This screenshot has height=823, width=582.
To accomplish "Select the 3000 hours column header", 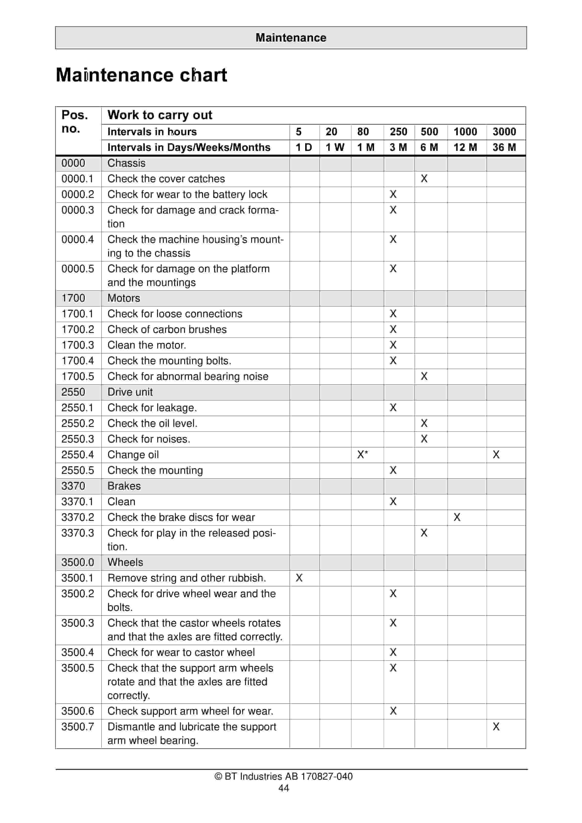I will coord(504,132).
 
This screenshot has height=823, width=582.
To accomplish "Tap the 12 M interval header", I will coord(465,147).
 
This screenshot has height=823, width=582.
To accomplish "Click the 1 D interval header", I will coord(303,147).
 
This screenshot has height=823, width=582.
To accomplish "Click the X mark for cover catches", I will coord(424,179).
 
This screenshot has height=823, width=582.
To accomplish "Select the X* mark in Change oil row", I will coord(362,455).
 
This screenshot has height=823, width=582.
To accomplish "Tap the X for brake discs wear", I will coord(457,517).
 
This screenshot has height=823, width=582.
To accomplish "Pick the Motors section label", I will coord(124,298).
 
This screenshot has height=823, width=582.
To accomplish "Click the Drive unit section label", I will coord(130,392).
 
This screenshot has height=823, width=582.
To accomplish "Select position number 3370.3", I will coord(78,533).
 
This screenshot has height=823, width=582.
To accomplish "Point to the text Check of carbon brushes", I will coord(167,329).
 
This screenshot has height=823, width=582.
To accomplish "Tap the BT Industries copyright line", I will coord(283,777).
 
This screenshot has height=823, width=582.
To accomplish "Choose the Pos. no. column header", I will coord(75,122).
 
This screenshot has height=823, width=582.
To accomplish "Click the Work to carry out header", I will coord(160,115).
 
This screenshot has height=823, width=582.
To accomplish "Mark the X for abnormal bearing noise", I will coord(424,376).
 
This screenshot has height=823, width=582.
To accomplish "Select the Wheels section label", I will coord(125,562).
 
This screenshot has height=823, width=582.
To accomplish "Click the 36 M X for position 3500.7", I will coord(496,727).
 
